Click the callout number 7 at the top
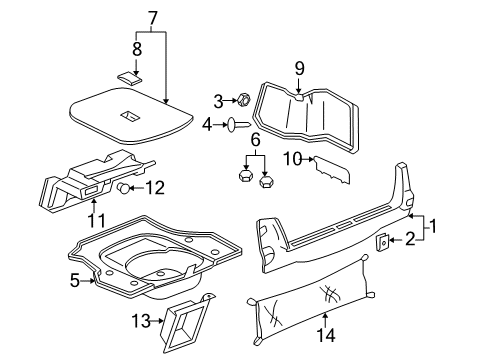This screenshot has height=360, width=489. click(153, 17)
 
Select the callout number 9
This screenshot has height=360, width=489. click(299, 68)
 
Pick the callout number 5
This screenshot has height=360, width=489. click(102, 281)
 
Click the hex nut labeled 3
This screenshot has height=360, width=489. click(242, 100)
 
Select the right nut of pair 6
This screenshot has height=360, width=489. click(267, 183)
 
